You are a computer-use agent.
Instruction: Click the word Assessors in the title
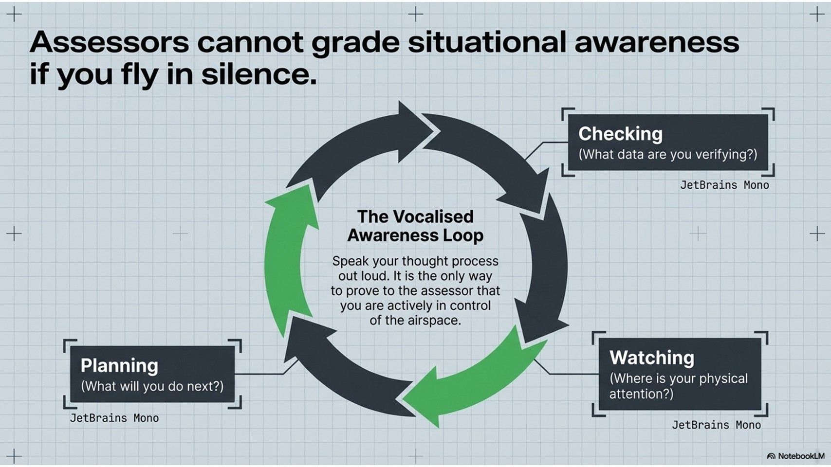110,42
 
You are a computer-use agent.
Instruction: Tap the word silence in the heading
259,73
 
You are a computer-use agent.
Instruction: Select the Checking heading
620,134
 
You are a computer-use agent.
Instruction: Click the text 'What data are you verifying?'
668,154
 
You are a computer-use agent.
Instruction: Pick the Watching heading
652,358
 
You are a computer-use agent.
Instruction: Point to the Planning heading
119,366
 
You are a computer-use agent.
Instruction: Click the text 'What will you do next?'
152,386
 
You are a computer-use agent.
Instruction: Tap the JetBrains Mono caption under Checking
724,185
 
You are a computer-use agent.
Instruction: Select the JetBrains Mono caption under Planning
114,418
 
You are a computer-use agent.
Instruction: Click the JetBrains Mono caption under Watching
717,425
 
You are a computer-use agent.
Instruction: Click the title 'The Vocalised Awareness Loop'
416,226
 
